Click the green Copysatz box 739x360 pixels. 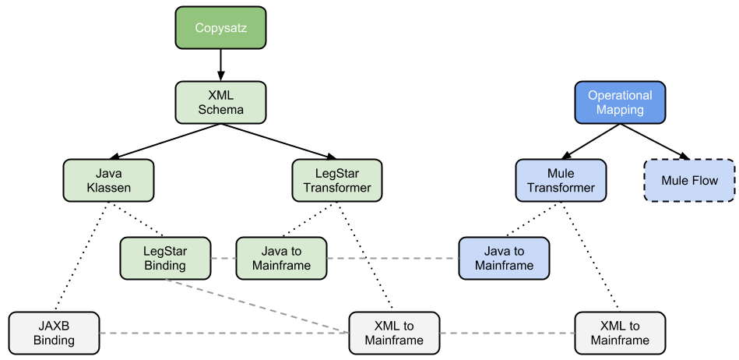coord(220,29)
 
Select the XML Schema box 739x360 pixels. coord(220,102)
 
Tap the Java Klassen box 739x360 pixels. coord(109,181)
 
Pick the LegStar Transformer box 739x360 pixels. coord(337,181)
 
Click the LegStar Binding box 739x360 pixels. coord(165,258)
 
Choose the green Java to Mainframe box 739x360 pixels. coord(281,258)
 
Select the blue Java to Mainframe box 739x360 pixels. coord(504,258)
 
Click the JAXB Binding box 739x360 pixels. coord(55,333)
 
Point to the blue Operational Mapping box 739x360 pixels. coord(620,102)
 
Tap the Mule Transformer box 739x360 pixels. coord(561,181)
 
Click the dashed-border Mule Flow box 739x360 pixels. coord(689,181)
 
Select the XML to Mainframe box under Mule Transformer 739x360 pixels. coord(620,333)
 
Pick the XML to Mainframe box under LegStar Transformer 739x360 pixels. coord(394,333)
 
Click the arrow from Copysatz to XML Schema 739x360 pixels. coord(220,65)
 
